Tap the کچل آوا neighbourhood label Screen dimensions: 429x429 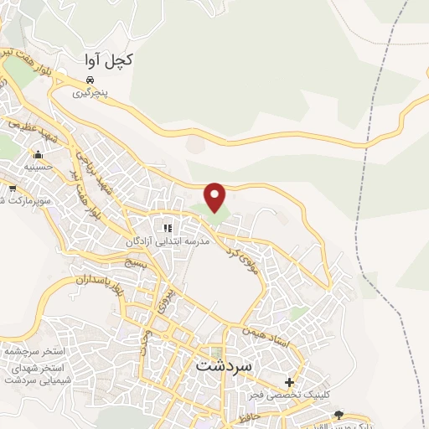109,61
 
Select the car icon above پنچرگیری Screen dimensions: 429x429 87,81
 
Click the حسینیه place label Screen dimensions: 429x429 38,167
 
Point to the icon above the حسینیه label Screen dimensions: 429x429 38,155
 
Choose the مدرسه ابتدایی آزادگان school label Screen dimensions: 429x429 167,242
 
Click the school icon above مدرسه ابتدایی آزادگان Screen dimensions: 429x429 168,228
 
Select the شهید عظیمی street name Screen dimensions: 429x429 33,132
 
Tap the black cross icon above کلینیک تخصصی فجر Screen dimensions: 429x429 290,381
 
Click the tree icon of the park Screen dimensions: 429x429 339,415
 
